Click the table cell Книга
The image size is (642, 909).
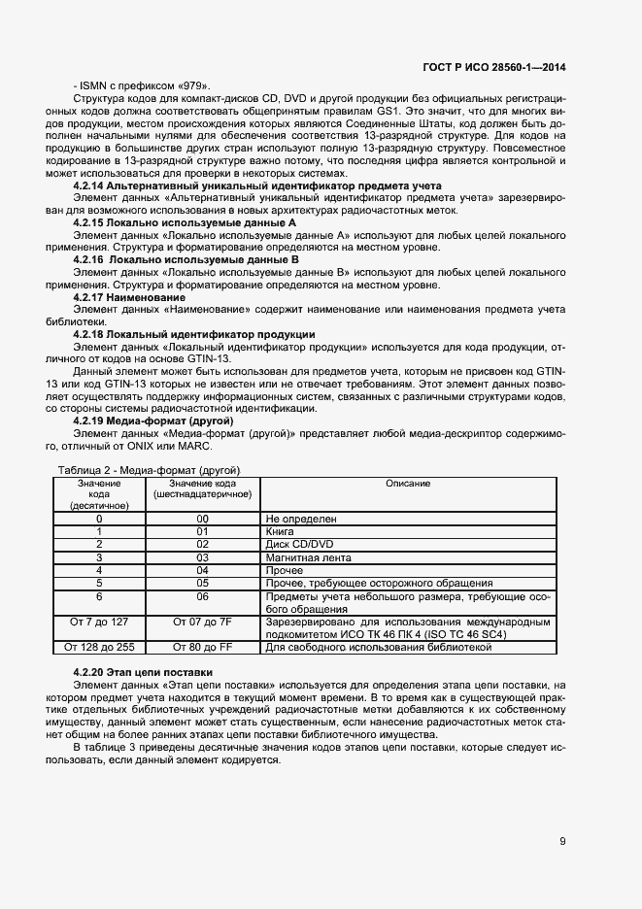click(280, 532)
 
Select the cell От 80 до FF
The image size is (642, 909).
click(202, 646)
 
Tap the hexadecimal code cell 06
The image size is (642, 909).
click(202, 596)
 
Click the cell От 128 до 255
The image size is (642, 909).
click(99, 646)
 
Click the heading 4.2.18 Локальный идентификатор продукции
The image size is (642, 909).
click(194, 333)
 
